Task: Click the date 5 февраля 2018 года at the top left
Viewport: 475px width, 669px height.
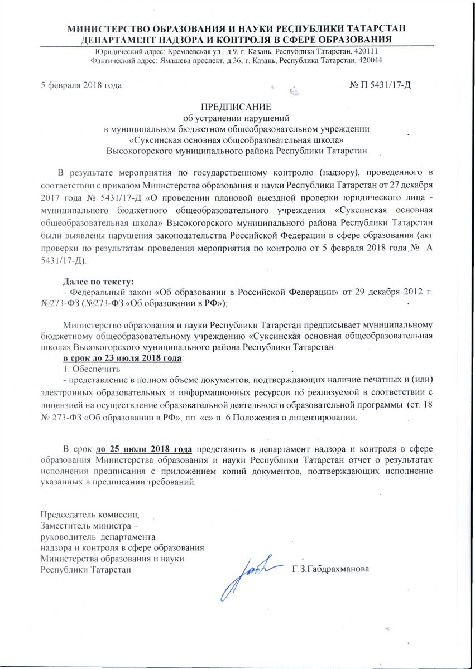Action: pyautogui.click(x=81, y=85)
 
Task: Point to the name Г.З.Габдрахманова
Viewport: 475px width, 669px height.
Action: pyautogui.click(x=330, y=570)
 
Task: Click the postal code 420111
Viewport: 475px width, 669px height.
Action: pyautogui.click(x=369, y=51)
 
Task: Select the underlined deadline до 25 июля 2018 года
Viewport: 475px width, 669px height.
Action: pyautogui.click(x=145, y=449)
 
